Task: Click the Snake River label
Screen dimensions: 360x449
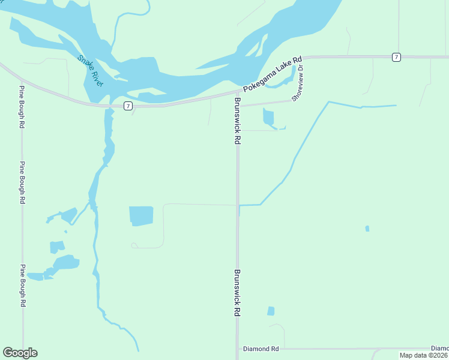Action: (91, 71)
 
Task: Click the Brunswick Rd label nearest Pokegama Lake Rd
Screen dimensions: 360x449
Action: (238, 121)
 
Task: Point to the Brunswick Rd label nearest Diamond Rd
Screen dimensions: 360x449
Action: (238, 293)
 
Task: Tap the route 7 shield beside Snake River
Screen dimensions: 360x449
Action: (128, 106)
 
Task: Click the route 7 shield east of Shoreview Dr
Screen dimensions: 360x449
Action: (396, 56)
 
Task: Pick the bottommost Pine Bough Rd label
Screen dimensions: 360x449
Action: (22, 286)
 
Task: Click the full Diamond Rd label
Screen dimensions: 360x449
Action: (261, 349)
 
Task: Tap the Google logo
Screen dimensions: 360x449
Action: (20, 353)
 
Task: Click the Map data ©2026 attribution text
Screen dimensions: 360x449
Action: (424, 355)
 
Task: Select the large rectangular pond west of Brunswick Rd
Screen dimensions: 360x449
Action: (141, 216)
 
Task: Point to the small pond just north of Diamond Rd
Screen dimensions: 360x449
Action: (271, 311)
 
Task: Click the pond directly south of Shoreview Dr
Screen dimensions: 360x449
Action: (268, 117)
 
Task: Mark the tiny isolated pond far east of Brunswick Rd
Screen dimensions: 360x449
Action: (367, 229)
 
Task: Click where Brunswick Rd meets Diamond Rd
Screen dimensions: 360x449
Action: (238, 349)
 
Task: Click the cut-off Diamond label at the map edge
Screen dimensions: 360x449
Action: (440, 348)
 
